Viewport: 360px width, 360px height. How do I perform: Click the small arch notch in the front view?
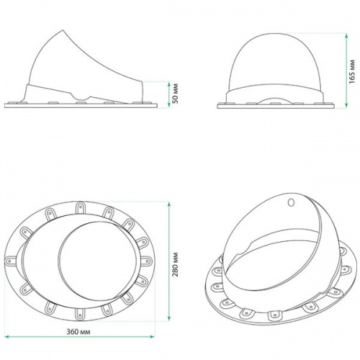coord(278,98)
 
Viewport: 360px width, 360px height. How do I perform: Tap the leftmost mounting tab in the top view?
coord(10,259)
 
